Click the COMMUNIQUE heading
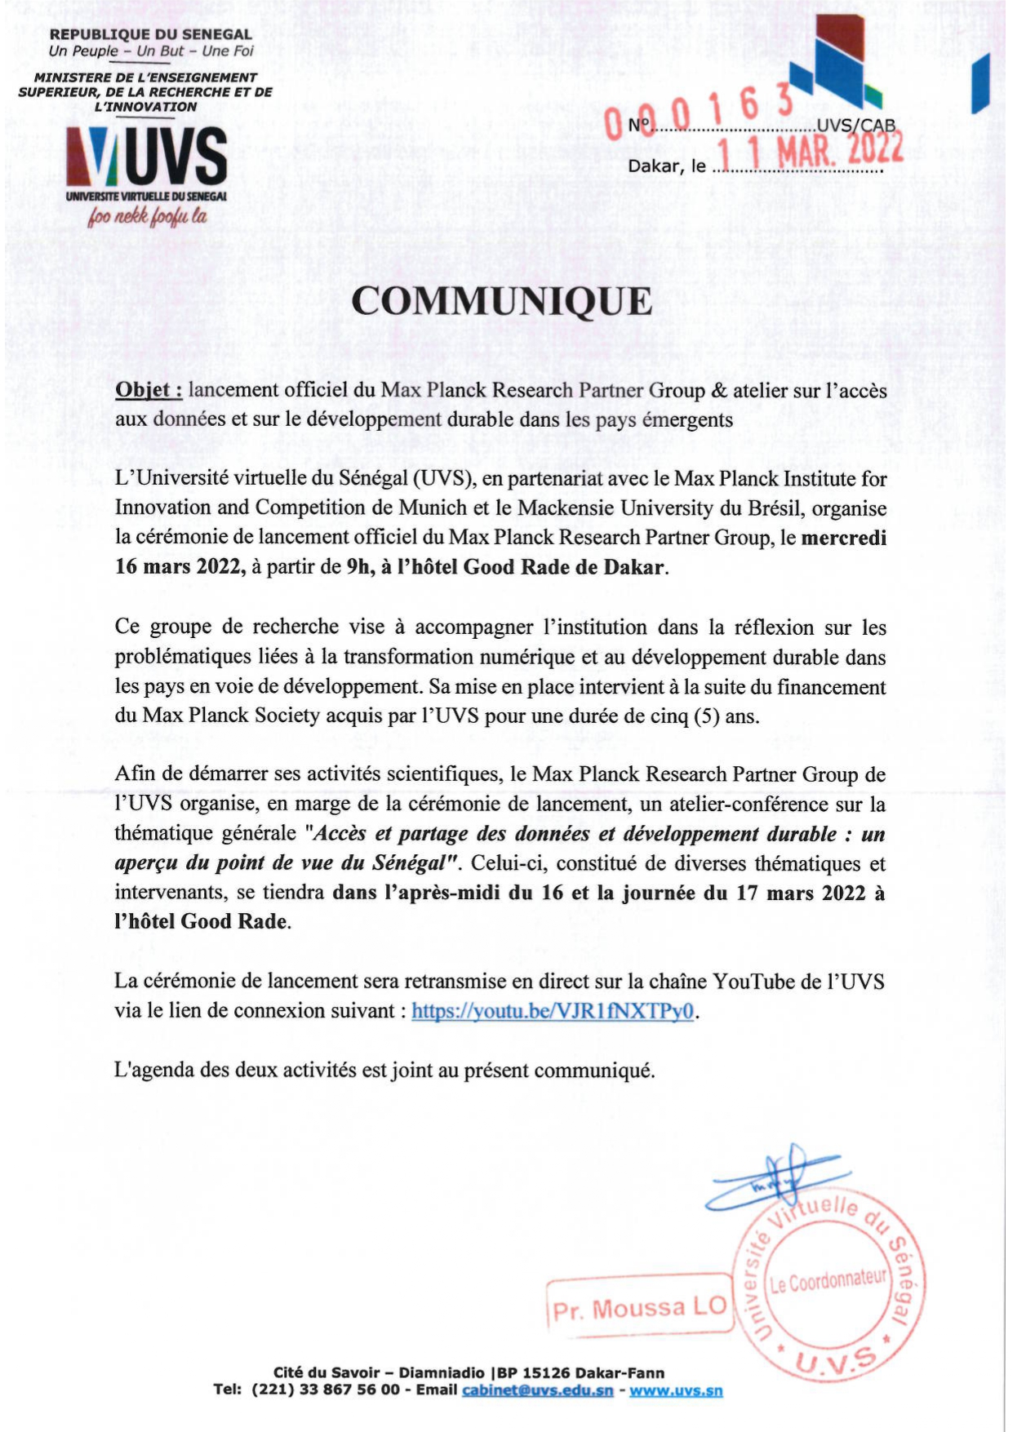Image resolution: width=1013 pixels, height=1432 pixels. [502, 302]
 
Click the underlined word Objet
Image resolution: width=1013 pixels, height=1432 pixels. [148, 390]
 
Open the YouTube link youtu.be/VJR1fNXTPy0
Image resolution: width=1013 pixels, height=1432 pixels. [553, 1011]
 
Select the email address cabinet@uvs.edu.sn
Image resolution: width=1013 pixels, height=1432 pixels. [537, 1390]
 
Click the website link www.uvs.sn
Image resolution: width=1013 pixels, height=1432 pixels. [676, 1390]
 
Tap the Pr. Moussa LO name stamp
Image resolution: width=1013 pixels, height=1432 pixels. [639, 1308]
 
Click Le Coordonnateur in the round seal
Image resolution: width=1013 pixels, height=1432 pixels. [828, 1280]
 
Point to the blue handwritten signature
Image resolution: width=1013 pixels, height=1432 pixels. [771, 1180]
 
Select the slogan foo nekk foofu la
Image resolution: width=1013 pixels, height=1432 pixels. [149, 216]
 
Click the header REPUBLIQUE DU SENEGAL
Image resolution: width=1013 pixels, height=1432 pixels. [151, 34]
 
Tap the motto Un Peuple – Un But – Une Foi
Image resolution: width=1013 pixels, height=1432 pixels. [151, 51]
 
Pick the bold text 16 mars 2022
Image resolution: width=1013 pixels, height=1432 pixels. [180, 567]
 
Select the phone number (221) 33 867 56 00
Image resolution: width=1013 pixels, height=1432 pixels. [326, 1390]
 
